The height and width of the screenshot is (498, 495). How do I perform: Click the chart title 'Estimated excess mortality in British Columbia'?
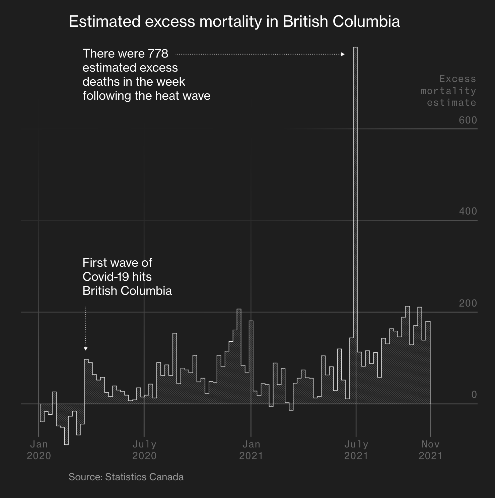coord(234,22)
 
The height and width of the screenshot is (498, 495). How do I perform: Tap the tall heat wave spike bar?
coord(355,201)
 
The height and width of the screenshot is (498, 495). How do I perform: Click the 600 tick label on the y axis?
coord(468,120)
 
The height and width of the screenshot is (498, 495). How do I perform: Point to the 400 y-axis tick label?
coord(468,211)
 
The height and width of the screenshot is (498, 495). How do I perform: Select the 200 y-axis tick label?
coord(468,303)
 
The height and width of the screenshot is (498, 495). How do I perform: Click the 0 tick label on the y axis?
coord(474,395)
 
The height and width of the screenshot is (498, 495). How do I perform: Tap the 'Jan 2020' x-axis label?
coord(39,450)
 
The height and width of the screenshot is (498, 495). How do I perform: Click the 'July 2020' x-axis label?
coord(144,450)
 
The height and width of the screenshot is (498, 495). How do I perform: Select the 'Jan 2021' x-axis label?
coord(251,450)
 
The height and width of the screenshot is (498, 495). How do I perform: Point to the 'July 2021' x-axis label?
coord(356,450)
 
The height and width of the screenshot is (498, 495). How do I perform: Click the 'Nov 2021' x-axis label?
coord(430,450)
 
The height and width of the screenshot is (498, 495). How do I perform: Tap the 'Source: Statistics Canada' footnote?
coord(126,477)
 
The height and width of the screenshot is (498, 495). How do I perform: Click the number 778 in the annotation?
coord(158,54)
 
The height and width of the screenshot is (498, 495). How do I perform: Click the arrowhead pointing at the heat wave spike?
coord(343,54)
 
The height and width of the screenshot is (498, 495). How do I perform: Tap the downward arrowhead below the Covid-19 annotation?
coord(86,349)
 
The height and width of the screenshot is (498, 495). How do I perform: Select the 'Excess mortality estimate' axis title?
coord(449,91)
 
